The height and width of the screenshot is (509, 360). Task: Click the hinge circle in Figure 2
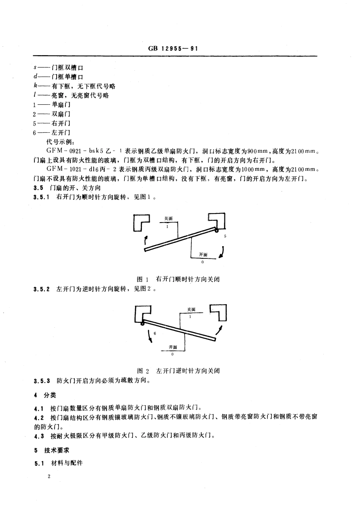[142, 323]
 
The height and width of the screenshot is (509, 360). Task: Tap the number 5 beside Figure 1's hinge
[225, 237]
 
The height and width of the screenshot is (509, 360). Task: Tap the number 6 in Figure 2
[155, 333]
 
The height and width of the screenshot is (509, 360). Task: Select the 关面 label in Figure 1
[168, 218]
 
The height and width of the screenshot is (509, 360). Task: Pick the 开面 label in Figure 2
[173, 347]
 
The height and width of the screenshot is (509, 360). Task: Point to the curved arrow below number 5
[222, 252]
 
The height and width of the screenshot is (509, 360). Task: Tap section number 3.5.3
[42, 381]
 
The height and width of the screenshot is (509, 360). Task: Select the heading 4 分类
[44, 395]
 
